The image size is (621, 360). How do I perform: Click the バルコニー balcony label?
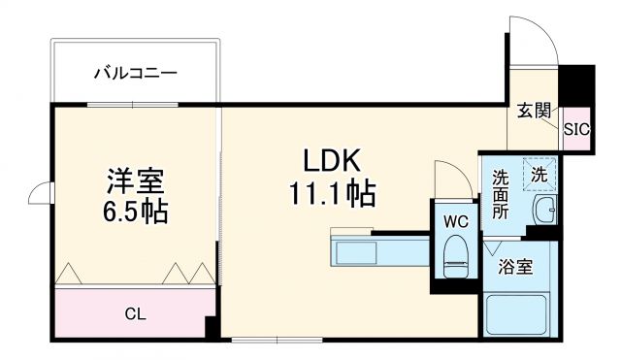pyautogui.click(x=136, y=72)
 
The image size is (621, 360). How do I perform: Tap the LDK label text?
pyautogui.click(x=331, y=159)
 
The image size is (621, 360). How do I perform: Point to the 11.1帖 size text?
pyautogui.click(x=331, y=194)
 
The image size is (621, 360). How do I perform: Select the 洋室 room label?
pyautogui.click(x=135, y=180)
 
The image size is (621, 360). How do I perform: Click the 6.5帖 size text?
pyautogui.click(x=135, y=212)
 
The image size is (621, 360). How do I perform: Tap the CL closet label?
pyautogui.click(x=136, y=313)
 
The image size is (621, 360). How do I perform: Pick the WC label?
pyautogui.click(x=456, y=221)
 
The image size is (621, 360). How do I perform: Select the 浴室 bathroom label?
pyautogui.click(x=514, y=265)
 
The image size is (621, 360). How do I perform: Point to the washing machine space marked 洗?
pyautogui.click(x=539, y=175)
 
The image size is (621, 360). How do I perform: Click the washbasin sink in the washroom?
pyautogui.click(x=544, y=209)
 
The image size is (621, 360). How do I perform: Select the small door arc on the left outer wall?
pyautogui.click(x=41, y=195)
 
